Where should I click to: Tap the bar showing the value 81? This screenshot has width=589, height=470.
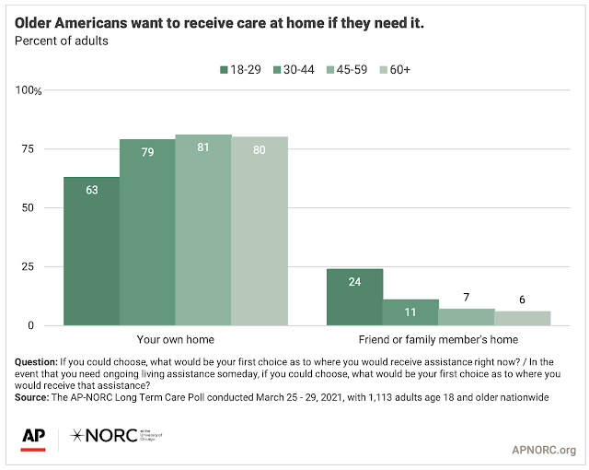(203, 229)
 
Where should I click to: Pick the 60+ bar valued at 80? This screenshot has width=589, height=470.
(260, 230)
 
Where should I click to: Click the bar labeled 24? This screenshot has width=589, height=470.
(355, 297)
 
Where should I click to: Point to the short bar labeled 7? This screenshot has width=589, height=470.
(467, 317)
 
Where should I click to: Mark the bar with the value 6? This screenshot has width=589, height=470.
(523, 318)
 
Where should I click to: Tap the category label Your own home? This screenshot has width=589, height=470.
(175, 340)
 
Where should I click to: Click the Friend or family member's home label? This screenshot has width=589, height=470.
(439, 340)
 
